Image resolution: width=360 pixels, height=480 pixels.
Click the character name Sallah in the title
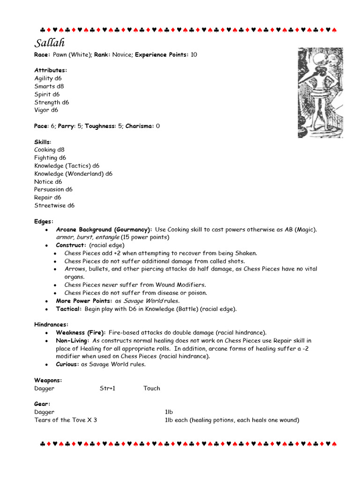click(x=49, y=43)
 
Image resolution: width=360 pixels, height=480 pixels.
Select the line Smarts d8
click(x=49, y=86)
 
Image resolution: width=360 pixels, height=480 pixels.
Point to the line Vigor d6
click(x=46, y=110)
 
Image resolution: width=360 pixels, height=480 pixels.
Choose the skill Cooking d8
click(x=49, y=150)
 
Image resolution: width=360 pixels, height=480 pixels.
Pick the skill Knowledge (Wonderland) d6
click(x=73, y=174)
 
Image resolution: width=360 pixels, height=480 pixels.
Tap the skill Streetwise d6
click(x=54, y=205)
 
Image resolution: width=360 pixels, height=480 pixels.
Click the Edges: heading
click(x=44, y=221)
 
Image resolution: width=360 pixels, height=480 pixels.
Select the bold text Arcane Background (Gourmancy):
click(x=104, y=230)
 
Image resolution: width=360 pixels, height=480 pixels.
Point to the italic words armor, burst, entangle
click(x=86, y=238)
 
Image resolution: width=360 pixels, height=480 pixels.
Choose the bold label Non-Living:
click(x=73, y=340)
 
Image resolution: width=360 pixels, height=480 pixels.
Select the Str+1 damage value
click(x=107, y=388)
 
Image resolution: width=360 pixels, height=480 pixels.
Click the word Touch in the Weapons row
click(x=151, y=388)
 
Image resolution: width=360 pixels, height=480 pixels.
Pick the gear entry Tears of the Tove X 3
click(x=66, y=420)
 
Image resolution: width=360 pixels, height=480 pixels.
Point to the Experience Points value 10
click(x=194, y=55)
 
